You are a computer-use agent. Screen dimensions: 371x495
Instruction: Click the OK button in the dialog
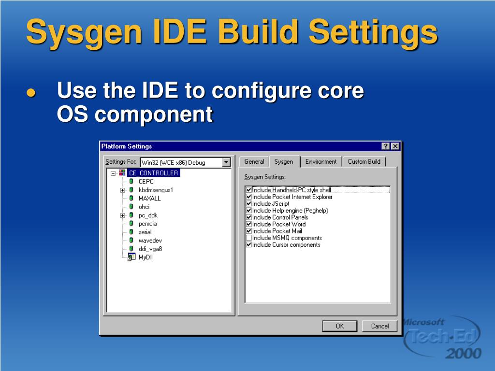339,326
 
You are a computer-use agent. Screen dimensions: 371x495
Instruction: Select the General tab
254,162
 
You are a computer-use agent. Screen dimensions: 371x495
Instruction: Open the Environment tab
320,162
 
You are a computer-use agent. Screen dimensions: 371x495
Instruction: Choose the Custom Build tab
364,162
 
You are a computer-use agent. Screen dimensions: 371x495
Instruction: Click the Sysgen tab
284,162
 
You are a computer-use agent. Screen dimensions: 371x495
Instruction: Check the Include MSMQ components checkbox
249,238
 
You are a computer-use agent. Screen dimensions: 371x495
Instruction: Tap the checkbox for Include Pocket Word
249,224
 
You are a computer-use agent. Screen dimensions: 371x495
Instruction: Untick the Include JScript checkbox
249,204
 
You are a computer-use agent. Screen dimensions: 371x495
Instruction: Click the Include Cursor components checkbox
249,245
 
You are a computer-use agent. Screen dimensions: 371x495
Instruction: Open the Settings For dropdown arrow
226,162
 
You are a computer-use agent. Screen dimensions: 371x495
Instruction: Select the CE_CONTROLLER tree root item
153,173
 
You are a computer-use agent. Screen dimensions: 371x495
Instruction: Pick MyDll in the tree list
146,257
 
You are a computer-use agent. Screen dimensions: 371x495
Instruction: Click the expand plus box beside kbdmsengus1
123,190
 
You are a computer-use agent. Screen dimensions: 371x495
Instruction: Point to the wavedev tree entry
150,240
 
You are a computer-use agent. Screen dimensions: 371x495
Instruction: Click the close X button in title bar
395,146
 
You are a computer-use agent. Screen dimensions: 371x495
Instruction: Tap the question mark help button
386,146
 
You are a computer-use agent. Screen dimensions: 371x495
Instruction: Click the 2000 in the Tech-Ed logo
463,354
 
